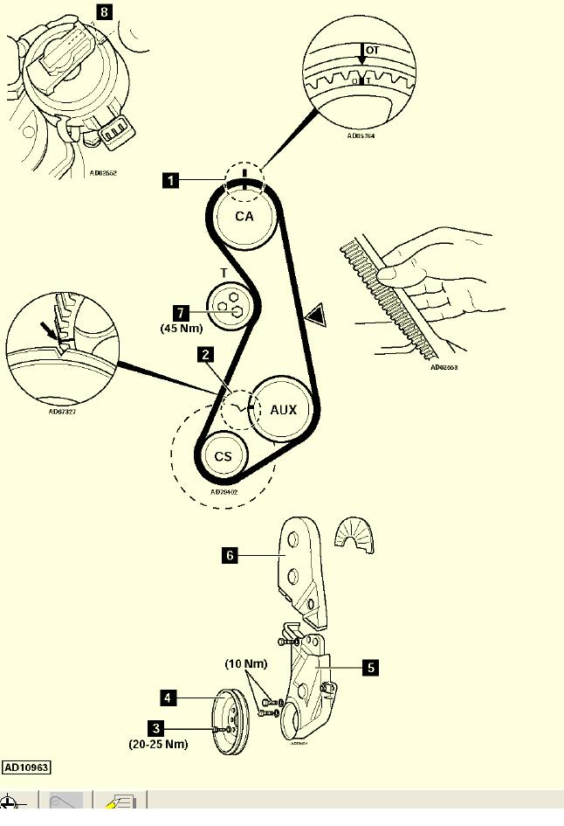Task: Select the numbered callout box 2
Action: coord(204,354)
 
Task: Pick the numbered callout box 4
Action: coord(168,698)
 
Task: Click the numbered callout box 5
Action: coord(370,667)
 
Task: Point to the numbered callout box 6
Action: coord(230,554)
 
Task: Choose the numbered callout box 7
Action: coord(181,311)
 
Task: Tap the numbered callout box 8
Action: coord(106,12)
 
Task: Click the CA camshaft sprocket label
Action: coord(244,216)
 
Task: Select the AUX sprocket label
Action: coord(283,409)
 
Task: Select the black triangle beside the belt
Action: coord(314,312)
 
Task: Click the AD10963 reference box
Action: coord(26,767)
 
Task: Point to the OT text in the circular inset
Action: coord(372,51)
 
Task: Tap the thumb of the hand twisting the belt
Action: coord(395,274)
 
